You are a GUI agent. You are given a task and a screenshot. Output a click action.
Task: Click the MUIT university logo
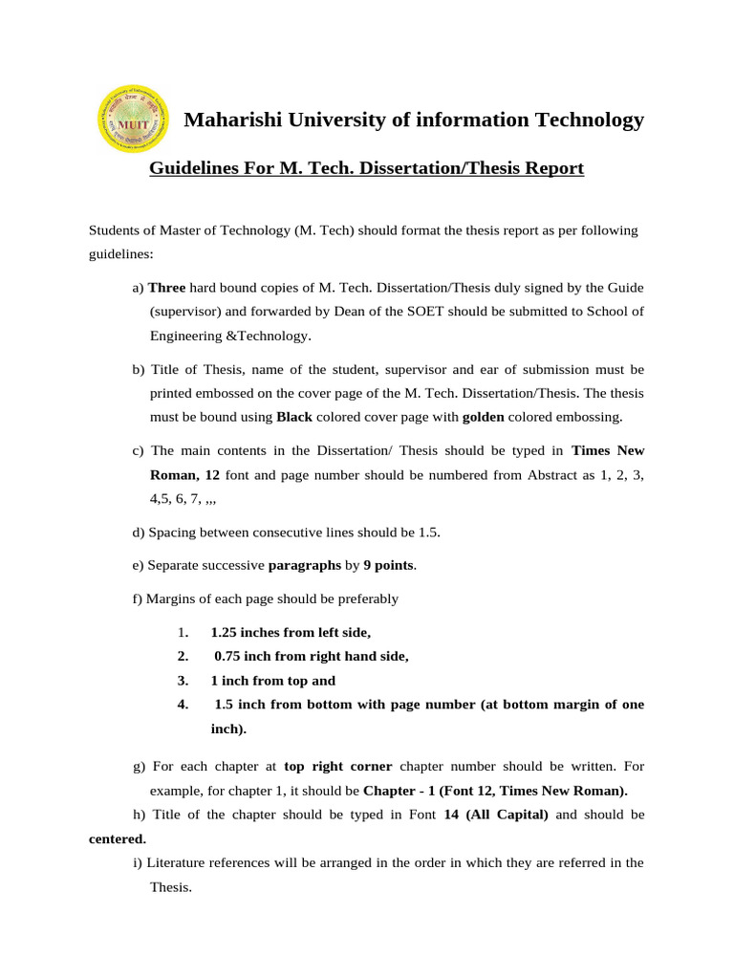click(x=132, y=119)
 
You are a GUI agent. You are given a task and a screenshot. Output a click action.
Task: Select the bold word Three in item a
click(x=167, y=287)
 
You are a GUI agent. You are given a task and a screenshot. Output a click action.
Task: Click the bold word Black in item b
click(x=294, y=417)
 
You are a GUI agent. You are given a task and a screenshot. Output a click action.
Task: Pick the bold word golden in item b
click(x=483, y=417)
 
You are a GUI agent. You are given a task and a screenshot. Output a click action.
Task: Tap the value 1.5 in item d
click(x=428, y=533)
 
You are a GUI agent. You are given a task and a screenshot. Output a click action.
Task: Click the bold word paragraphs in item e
click(x=305, y=565)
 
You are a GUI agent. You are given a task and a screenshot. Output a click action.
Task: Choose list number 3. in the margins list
click(x=183, y=681)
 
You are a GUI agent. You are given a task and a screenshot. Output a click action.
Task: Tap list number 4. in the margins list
click(x=183, y=705)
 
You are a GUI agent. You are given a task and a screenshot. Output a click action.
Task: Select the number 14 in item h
click(x=454, y=815)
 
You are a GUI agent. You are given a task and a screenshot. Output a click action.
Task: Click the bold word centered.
click(x=111, y=838)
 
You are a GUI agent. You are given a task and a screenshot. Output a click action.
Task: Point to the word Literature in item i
click(x=179, y=862)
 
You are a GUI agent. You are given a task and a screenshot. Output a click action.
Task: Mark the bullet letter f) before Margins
click(x=138, y=598)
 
